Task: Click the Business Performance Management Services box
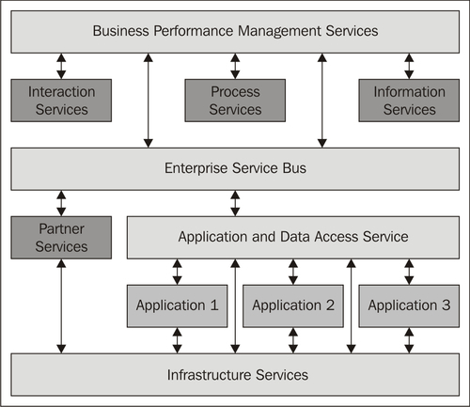(235, 32)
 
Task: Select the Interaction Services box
(61, 101)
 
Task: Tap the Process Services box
(235, 101)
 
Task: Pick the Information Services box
(409, 101)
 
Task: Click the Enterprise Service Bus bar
(235, 169)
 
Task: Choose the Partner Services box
(61, 238)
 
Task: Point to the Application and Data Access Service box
(293, 238)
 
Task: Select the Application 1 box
(177, 306)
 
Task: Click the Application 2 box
(293, 306)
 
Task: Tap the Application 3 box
(409, 306)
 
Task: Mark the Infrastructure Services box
(235, 375)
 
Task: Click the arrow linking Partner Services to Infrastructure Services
(61, 306)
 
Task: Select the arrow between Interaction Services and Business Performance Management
(61, 66)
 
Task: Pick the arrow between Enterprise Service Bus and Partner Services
(61, 203)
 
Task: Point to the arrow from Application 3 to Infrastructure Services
(409, 340)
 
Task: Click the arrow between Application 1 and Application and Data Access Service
(177, 272)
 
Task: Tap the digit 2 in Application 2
(330, 305)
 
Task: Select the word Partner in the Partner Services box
(61, 228)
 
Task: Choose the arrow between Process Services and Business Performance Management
(235, 66)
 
